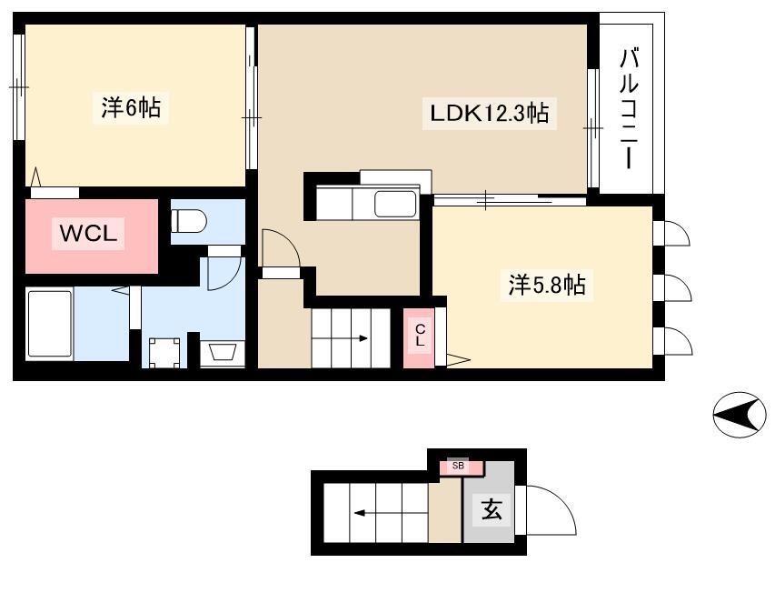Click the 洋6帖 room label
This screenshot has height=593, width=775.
click(131, 107)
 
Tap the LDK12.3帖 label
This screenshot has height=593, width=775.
click(490, 114)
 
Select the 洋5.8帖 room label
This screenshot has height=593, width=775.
click(547, 285)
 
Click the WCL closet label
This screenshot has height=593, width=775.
click(88, 233)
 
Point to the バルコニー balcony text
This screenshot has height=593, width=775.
click(628, 108)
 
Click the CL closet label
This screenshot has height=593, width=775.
click(420, 335)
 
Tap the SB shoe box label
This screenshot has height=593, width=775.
click(458, 466)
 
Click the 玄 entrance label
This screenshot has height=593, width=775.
click(492, 509)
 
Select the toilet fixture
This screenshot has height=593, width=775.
click(188, 221)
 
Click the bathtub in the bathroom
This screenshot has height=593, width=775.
click(49, 324)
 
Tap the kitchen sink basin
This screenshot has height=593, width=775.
click(394, 204)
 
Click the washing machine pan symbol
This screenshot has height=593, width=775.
click(164, 353)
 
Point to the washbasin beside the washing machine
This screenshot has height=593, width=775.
click(222, 353)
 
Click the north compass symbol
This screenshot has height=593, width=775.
click(740, 415)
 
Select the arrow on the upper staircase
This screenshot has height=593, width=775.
click(340, 338)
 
